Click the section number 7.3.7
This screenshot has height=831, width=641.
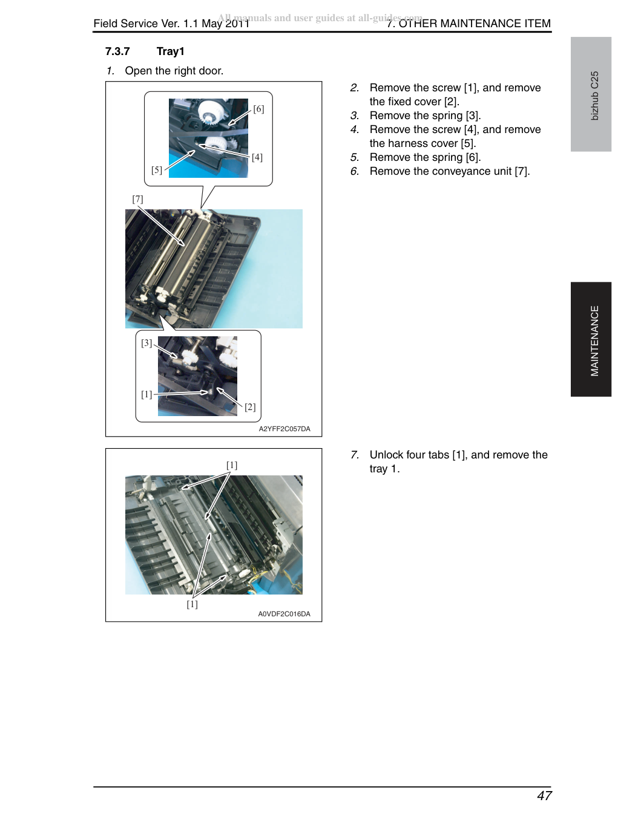click(x=117, y=51)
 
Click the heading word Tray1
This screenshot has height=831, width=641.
click(x=170, y=51)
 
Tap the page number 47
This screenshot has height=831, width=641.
click(x=544, y=796)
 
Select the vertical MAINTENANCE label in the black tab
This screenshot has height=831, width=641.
click(x=594, y=341)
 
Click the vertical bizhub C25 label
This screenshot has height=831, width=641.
click(x=594, y=96)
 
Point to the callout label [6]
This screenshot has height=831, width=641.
click(x=258, y=109)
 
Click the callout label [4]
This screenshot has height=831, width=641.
click(x=257, y=157)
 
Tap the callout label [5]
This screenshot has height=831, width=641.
click(x=157, y=170)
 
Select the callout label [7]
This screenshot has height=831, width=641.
click(x=138, y=199)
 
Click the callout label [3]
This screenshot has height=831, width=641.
click(x=146, y=343)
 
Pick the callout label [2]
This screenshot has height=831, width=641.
click(x=250, y=407)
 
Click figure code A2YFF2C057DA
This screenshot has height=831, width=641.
click(x=284, y=429)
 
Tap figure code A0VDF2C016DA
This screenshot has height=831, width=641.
click(x=284, y=614)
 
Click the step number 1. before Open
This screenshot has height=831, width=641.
click(x=111, y=71)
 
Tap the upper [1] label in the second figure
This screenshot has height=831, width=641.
click(x=232, y=466)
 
